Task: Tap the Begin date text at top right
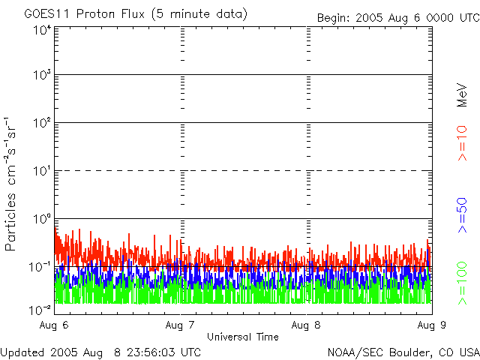pos(398,18)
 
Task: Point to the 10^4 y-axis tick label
pos(43,30)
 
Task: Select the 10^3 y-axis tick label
pos(43,75)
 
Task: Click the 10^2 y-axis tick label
pos(43,123)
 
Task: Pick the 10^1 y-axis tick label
pos(43,171)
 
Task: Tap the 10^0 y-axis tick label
pos(43,219)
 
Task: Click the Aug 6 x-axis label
pos(54,325)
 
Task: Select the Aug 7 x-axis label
pos(180,325)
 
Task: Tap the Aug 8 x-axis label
pos(306,325)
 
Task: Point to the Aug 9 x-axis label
pos(432,325)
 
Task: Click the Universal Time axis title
pos(243,337)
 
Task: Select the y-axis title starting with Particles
pos(10,184)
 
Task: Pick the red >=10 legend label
pos(462,143)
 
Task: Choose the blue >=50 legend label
pos(462,215)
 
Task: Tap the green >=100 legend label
pos(462,283)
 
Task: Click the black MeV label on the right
pos(462,95)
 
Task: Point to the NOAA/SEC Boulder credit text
pos(403,352)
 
